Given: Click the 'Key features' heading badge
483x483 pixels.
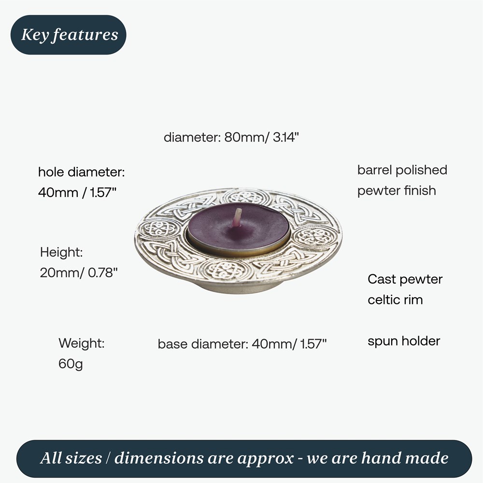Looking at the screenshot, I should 69,35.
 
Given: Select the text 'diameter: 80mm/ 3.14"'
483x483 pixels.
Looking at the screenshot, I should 232,137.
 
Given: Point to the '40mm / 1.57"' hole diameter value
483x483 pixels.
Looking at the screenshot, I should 77,193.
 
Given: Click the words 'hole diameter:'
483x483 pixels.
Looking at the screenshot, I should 81,172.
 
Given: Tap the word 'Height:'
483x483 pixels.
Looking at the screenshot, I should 62,252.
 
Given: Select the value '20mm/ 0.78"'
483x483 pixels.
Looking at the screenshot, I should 79,272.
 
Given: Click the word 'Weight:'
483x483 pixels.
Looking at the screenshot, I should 82,343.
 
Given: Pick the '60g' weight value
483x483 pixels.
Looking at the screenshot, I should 71,364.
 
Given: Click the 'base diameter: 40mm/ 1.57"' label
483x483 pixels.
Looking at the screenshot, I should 242,344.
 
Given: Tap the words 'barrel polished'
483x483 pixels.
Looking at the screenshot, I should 402,170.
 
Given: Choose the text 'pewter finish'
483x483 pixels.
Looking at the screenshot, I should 397,190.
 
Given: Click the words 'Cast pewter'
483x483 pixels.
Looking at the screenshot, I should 405,279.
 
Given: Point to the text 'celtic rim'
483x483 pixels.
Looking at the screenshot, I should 395,299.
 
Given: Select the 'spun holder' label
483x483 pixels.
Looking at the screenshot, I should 404,341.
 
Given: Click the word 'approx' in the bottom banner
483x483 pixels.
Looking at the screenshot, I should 262,458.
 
